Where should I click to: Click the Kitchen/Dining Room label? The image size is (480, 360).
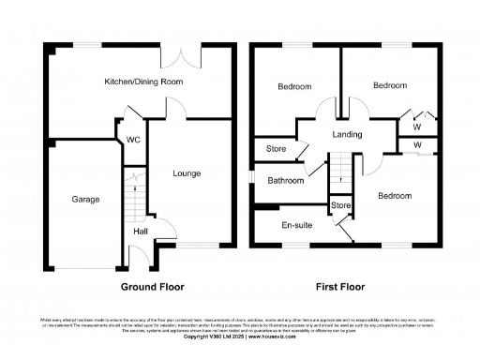(x=142, y=82)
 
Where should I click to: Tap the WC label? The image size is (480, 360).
(x=133, y=142)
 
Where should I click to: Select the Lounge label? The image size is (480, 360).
(x=186, y=173)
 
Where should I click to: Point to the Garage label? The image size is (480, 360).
(x=86, y=199)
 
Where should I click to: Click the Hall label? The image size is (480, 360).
(x=140, y=232)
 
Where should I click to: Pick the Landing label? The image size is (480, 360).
(x=347, y=135)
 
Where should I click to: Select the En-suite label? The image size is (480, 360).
(x=296, y=225)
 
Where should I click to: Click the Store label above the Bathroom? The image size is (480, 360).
(x=276, y=148)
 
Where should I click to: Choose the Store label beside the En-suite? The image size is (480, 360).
(x=339, y=204)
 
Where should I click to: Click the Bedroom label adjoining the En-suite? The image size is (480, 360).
(x=395, y=196)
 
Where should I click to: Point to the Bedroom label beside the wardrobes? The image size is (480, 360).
(x=390, y=85)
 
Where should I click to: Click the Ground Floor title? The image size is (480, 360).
(x=152, y=287)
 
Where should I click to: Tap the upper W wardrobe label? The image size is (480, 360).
(x=417, y=127)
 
